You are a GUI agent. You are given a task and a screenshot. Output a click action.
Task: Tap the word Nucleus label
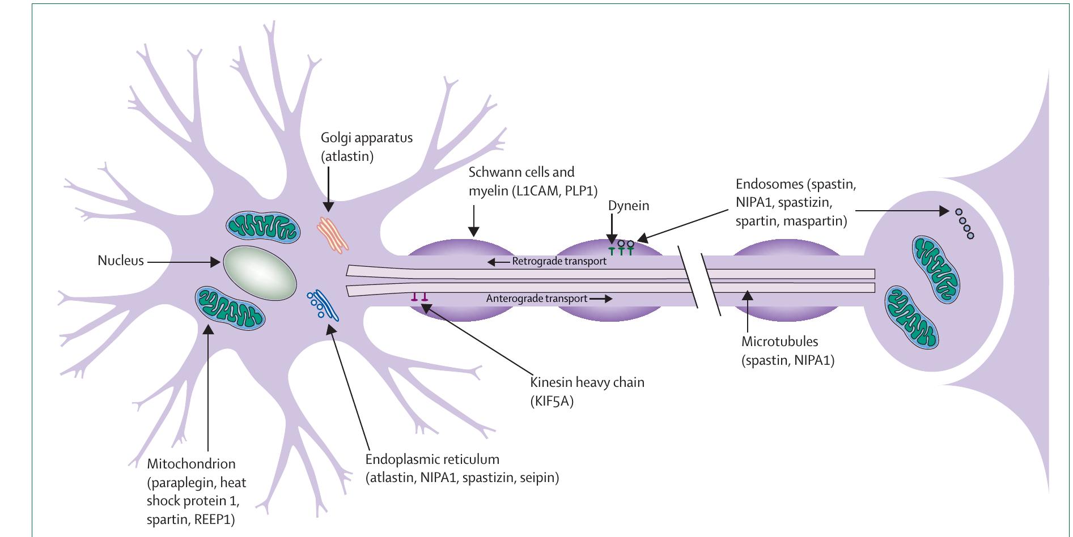[121, 261]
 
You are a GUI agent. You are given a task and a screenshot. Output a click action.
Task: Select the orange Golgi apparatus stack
[332, 234]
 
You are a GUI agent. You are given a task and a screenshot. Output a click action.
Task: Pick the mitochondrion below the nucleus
[230, 308]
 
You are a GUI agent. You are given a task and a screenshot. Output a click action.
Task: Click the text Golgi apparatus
[366, 138]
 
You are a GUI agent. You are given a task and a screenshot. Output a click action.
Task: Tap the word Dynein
[628, 206]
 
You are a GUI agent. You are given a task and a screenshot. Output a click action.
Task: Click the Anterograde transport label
[536, 299]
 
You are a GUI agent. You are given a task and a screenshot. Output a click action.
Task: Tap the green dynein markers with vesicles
[621, 247]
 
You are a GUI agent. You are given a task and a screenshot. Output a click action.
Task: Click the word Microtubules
[779, 342]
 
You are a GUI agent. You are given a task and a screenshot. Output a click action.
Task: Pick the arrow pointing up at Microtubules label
[748, 312]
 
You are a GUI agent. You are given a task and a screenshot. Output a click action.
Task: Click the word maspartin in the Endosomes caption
[815, 221]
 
